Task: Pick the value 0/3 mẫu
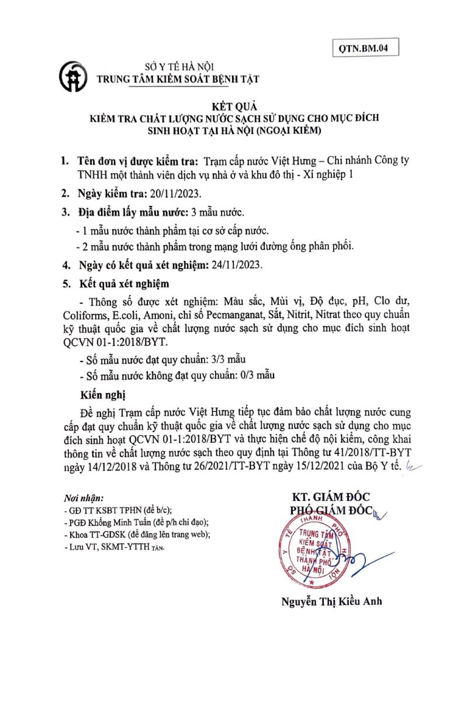[253, 374]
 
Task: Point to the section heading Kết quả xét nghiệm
[124, 284]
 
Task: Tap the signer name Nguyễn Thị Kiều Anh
[331, 601]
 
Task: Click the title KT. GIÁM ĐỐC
[331, 497]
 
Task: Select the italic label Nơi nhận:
[83, 498]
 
